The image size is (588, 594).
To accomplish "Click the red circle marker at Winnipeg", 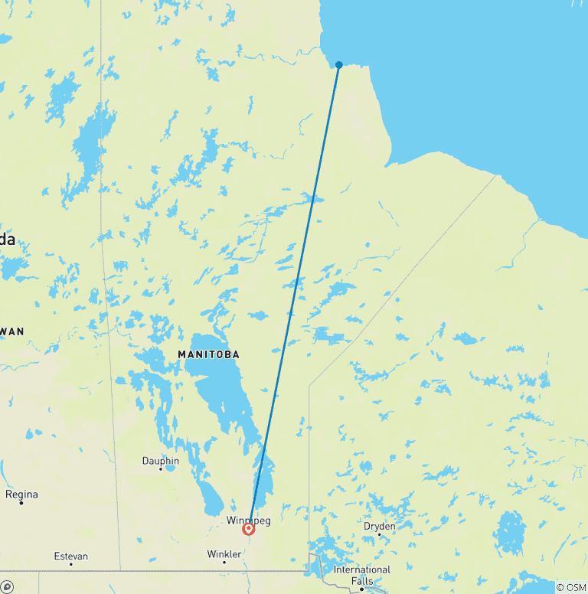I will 249,528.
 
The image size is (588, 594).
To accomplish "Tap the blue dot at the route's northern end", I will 338,65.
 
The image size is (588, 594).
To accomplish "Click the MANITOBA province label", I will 208,354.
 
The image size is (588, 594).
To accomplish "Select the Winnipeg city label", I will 249,521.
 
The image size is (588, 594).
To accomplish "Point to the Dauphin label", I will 161,461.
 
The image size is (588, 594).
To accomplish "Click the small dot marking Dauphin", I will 161,469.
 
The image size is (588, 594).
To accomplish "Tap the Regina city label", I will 21,494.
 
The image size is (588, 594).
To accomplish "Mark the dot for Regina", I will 21,503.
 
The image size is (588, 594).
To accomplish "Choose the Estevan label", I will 70,556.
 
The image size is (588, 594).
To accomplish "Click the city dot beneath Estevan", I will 70,564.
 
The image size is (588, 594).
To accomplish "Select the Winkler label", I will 224,553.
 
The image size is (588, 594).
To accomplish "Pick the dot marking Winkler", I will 224,562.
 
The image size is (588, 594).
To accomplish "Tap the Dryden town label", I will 379,526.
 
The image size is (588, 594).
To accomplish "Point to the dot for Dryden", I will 379,534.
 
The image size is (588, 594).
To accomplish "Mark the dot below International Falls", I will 362,588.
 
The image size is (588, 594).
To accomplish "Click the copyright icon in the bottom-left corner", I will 8,586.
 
